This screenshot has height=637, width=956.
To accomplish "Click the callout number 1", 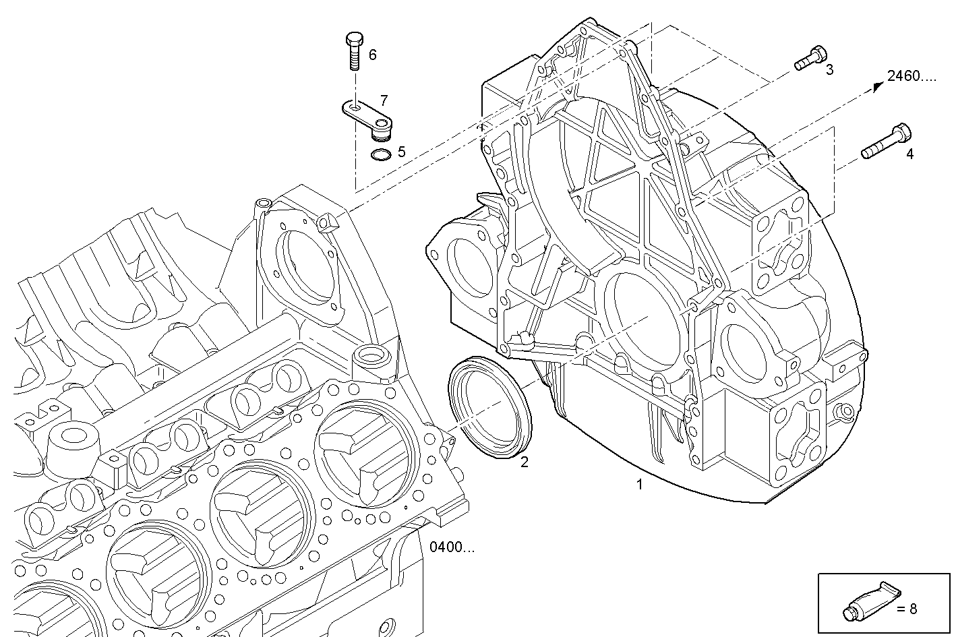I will pyautogui.click(x=639, y=484).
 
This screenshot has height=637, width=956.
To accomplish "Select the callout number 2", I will pyautogui.click(x=524, y=462).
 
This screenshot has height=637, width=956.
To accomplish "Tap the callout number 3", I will pyautogui.click(x=829, y=69).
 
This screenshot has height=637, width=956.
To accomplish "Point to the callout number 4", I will pyautogui.click(x=909, y=154).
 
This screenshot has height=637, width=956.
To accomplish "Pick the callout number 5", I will pyautogui.click(x=402, y=152).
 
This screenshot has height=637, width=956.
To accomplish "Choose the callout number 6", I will pyautogui.click(x=372, y=55).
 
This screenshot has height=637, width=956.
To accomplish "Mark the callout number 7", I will pyautogui.click(x=384, y=101).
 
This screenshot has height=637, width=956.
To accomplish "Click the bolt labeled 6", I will pyautogui.click(x=353, y=51).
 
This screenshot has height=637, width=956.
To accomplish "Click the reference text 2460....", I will pyautogui.click(x=912, y=76).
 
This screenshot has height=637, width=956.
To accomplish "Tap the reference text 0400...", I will pyautogui.click(x=452, y=547).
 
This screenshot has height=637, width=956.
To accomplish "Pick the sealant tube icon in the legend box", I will pyautogui.click(x=870, y=601).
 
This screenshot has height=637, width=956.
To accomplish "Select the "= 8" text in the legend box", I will pyautogui.click(x=907, y=609).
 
